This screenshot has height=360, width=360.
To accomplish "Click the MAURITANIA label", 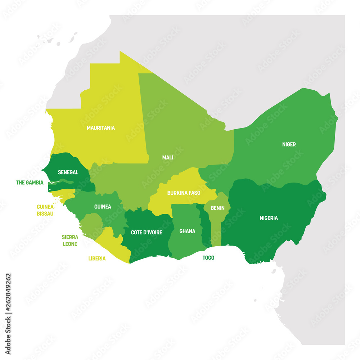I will pyautogui.click(x=101, y=128).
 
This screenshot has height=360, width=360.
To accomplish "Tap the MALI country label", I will pyautogui.click(x=167, y=157).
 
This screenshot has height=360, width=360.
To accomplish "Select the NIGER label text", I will pyautogui.click(x=289, y=144).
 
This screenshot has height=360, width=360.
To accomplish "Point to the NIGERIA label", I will pyautogui.click(x=269, y=218).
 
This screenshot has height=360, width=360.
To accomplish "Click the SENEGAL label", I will pyautogui.click(x=68, y=172).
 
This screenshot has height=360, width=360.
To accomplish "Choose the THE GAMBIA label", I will pyautogui.click(x=30, y=183).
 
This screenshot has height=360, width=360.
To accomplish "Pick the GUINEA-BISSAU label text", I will pyautogui.click(x=45, y=210).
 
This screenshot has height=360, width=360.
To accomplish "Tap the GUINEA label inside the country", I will pyautogui.click(x=103, y=207).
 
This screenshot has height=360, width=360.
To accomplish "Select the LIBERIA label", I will pyautogui.click(x=97, y=258).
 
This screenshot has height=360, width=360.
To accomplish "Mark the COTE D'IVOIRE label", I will pyautogui.click(x=147, y=232).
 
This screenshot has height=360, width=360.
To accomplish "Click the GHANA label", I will pyautogui.click(x=187, y=231).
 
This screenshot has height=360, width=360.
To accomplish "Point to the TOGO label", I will pyautogui.click(x=208, y=258).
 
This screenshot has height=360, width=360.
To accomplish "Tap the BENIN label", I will pyautogui.click(x=217, y=208).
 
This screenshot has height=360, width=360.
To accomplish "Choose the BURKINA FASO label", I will pyautogui.click(x=184, y=193).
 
